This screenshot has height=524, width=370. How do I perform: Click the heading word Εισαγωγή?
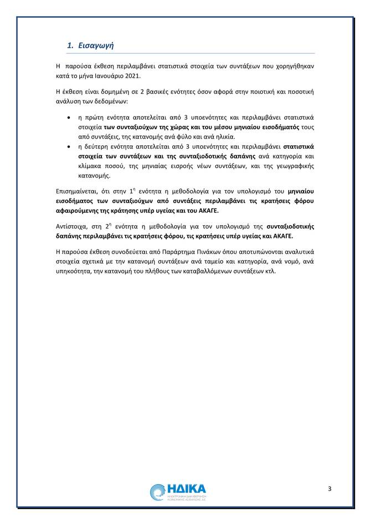96,45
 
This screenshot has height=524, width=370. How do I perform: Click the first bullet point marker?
68,118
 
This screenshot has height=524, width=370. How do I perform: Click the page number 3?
330,488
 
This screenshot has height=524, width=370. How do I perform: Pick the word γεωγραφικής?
294,166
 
